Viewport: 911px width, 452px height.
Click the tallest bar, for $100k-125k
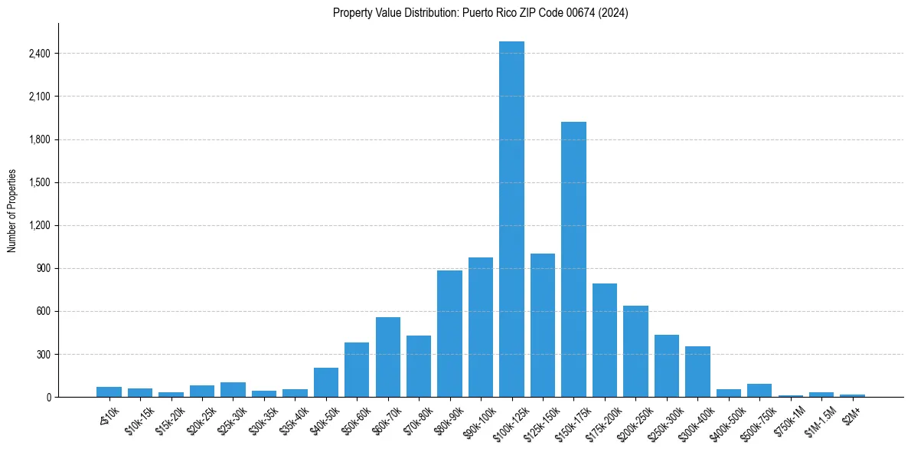pyautogui.click(x=511, y=219)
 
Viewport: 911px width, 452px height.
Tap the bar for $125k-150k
pyautogui.click(x=542, y=325)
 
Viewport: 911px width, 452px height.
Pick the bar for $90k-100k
pyautogui.click(x=481, y=327)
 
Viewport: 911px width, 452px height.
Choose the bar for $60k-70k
pyautogui.click(x=388, y=357)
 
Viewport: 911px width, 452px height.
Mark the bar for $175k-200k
pyautogui.click(x=604, y=340)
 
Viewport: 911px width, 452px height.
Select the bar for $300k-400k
pyautogui.click(x=697, y=372)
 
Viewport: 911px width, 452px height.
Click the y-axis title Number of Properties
pyautogui.click(x=11, y=210)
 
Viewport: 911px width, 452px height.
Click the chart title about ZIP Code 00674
pyautogui.click(x=480, y=13)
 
